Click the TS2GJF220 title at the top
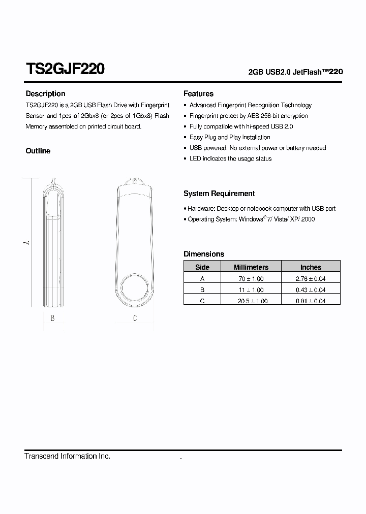click(x=65, y=69)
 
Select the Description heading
click(x=45, y=93)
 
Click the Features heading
click(x=198, y=93)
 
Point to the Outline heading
click(x=38, y=151)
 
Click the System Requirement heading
click(x=219, y=194)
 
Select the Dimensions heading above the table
click(x=204, y=254)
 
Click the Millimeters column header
click(x=251, y=267)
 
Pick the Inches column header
click(x=311, y=267)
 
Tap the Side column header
click(x=202, y=267)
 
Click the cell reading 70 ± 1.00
click(x=251, y=279)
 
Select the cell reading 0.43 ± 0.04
click(x=311, y=290)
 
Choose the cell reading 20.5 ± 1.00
click(x=251, y=301)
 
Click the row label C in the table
click(x=202, y=301)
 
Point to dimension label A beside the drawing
click(x=27, y=243)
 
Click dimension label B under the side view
click(x=52, y=318)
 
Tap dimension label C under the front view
click(x=135, y=318)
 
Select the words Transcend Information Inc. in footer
click(x=68, y=456)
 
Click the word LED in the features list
click(x=195, y=158)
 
